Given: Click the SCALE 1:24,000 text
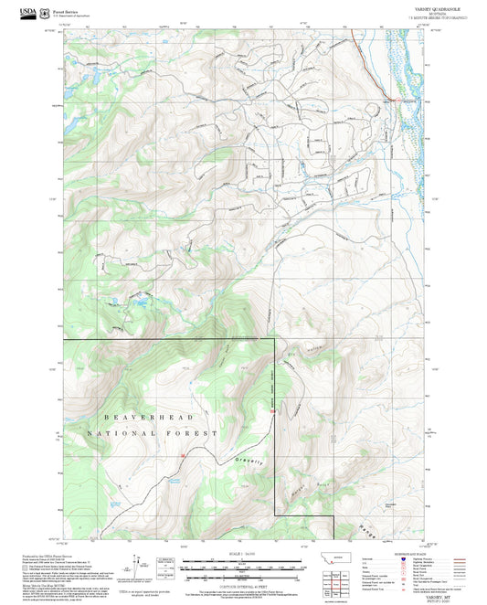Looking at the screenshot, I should [243, 552].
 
